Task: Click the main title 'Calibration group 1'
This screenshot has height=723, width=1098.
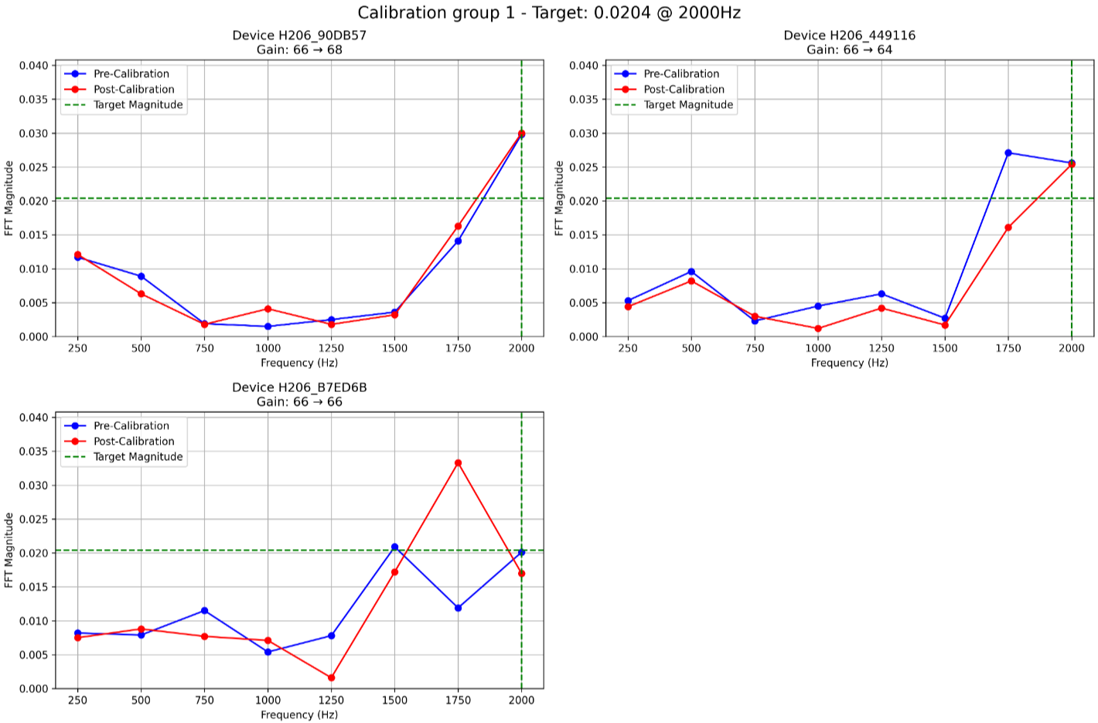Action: tap(548, 13)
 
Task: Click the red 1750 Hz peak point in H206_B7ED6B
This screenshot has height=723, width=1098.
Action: tap(459, 463)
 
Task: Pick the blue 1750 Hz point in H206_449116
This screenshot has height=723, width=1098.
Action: tap(1008, 153)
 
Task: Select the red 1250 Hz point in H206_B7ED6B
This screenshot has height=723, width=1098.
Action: tap(332, 678)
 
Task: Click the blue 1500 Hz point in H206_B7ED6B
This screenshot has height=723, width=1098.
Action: tap(395, 547)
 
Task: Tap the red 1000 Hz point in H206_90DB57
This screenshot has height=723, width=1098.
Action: tap(268, 309)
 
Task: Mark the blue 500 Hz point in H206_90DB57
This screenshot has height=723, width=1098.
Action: tap(141, 276)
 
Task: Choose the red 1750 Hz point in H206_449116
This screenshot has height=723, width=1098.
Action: tap(1008, 227)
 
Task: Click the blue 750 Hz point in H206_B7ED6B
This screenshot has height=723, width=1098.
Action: tap(205, 611)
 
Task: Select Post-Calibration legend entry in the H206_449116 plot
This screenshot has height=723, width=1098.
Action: tap(684, 90)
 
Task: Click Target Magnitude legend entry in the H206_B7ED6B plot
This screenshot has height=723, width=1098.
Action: tap(138, 457)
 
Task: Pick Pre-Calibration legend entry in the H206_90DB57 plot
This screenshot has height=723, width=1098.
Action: tap(131, 74)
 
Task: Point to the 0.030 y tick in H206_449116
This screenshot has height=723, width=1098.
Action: tap(584, 134)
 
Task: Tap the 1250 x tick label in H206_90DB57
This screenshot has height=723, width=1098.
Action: tap(331, 349)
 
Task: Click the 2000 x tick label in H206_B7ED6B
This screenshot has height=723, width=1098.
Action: tap(521, 701)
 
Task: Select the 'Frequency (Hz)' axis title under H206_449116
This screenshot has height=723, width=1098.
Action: tap(849, 363)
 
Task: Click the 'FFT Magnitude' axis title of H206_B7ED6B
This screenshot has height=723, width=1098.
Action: tap(9, 550)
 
